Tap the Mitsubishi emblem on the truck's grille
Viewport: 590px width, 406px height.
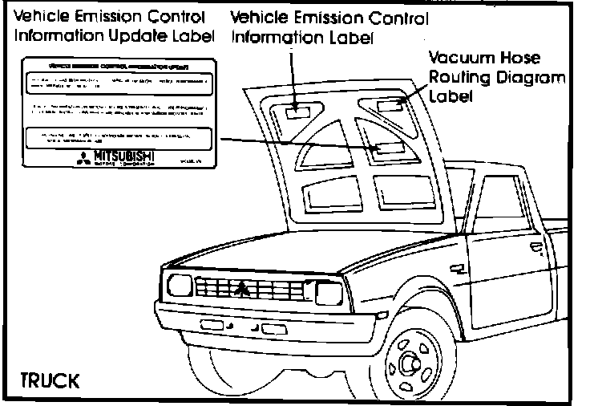coord(241,287)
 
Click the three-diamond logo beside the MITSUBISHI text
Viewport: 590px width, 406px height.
coord(83,156)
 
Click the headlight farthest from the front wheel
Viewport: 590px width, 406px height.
coord(179,284)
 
